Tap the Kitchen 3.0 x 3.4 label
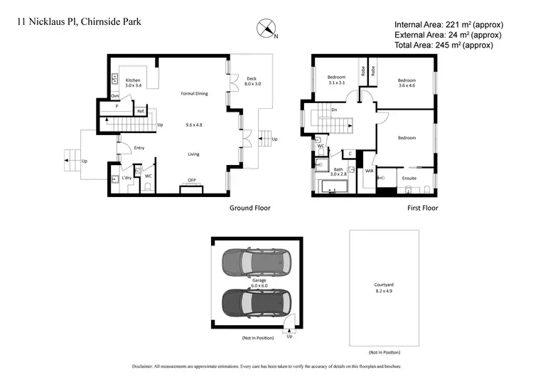pos(133,83)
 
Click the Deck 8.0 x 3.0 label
pos(252,81)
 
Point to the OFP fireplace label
pos(192,180)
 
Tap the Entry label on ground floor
pos(139,148)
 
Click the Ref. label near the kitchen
pos(141,112)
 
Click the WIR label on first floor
pos(369,171)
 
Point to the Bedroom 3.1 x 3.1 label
pos(336,79)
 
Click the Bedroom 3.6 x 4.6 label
pos(406,83)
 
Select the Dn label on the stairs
pos(335,110)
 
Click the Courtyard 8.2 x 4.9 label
pos(383,287)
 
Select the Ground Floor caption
pos(249,208)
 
